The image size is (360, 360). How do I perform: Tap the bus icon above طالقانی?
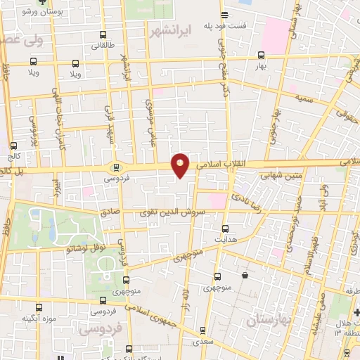click(x=103, y=35)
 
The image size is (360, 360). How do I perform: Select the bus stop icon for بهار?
click(x=262, y=54)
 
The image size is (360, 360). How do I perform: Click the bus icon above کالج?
click(x=13, y=146)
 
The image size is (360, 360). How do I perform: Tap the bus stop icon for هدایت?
click(x=225, y=228)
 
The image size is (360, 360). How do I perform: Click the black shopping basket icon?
click(x=244, y=276)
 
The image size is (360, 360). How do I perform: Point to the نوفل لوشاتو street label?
click(x=86, y=247)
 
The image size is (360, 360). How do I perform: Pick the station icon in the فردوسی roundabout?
click(x=117, y=167)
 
